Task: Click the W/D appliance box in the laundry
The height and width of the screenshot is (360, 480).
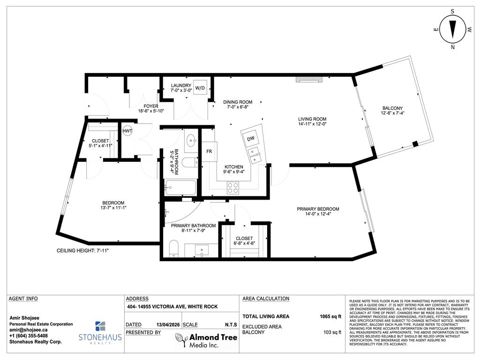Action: [200, 88]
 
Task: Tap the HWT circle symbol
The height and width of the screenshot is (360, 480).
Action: [127, 131]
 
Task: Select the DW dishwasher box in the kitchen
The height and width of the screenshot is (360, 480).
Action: [251, 138]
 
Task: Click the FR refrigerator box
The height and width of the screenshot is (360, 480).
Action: [209, 151]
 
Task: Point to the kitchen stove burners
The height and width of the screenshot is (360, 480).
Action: [233, 187]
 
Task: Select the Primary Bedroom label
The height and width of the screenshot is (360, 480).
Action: [317, 209]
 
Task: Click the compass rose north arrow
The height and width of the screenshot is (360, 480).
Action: [452, 29]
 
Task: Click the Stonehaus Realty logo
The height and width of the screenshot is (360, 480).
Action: [100, 332]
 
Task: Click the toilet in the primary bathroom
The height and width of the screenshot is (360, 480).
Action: [173, 248]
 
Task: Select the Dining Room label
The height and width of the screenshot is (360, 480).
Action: [238, 102]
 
